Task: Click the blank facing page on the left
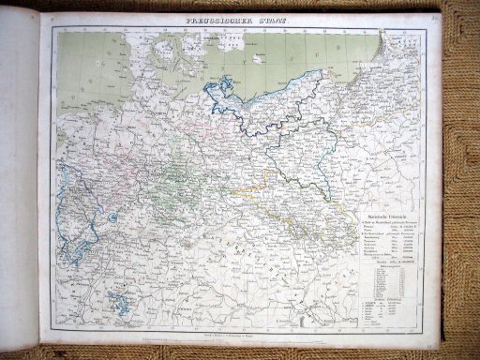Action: click(19, 187)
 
